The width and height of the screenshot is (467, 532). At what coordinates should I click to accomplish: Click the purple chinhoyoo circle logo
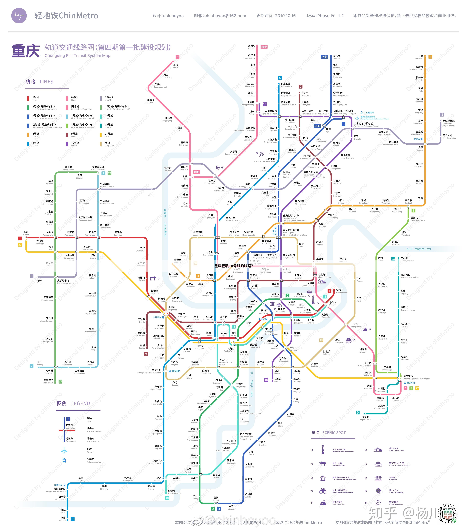(19, 16)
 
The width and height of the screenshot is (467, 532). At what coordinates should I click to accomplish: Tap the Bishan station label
(26, 233)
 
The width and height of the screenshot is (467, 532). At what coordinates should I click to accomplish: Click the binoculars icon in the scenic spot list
(323, 491)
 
